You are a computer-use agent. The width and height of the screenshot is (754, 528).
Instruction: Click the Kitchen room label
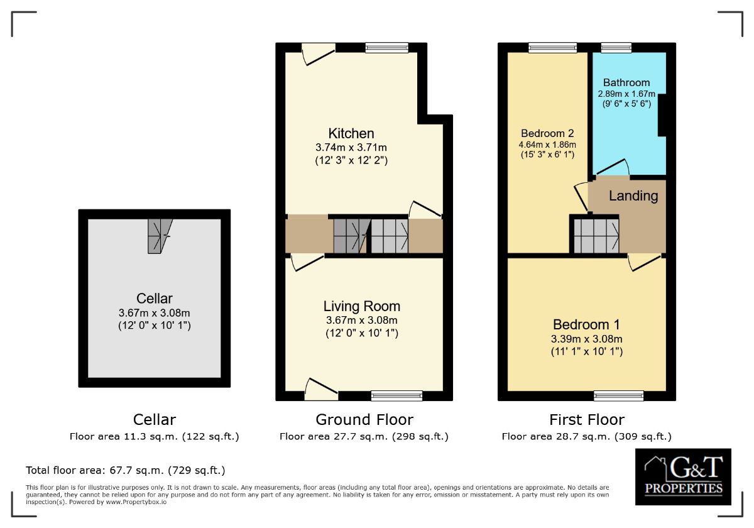point(351,133)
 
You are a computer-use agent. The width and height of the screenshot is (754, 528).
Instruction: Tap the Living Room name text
point(362,307)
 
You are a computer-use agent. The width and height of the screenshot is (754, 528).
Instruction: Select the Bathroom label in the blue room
point(626,82)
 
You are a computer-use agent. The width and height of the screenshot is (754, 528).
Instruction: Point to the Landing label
point(633,196)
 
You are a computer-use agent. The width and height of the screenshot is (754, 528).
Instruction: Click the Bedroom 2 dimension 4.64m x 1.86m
point(547,145)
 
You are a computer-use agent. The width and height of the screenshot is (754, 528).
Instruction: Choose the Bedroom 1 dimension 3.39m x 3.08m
point(587,339)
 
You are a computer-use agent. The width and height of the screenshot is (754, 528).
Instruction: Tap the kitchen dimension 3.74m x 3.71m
point(351,148)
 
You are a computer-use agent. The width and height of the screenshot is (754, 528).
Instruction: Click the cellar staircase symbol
point(160,236)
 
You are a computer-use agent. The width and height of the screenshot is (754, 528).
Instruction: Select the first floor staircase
point(596,236)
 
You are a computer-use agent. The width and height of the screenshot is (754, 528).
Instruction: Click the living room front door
point(321,390)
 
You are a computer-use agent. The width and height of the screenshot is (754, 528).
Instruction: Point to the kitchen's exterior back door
point(319,53)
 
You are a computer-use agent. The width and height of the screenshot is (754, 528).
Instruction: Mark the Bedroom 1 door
point(645,262)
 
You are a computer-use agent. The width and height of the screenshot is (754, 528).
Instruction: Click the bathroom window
point(616,48)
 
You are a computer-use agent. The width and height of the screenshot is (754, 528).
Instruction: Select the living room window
point(396,395)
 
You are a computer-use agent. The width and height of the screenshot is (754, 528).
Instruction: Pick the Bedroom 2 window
point(552,48)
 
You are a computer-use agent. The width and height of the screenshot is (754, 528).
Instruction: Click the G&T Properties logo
point(683,476)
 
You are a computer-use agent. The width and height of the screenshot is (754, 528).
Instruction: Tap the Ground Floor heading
point(364,420)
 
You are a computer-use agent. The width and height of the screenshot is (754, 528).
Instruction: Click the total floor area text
point(126,470)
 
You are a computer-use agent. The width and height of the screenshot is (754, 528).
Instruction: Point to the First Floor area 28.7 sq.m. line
point(587,436)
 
